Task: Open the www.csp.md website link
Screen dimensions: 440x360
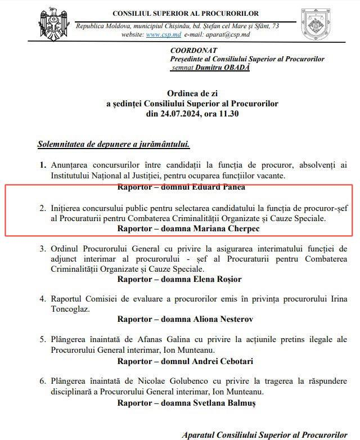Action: (159, 35)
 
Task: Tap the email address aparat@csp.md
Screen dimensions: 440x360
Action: (230, 35)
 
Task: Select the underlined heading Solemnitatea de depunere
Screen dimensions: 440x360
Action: (113, 144)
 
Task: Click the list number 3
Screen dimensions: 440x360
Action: (42, 248)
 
